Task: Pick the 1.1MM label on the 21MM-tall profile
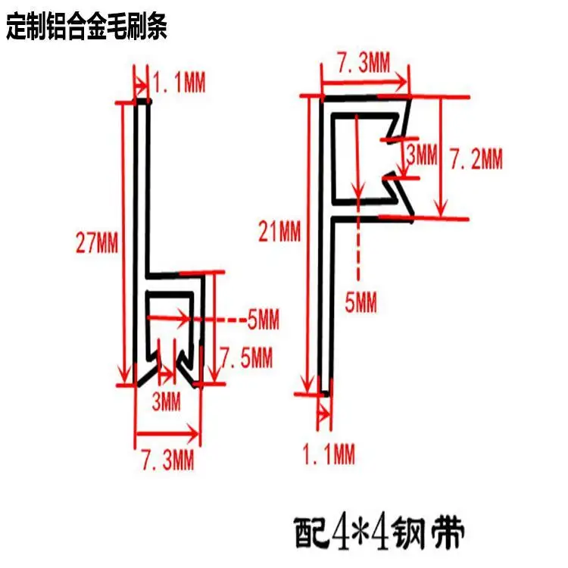pyautogui.click(x=328, y=455)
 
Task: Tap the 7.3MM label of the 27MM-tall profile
pyautogui.click(x=167, y=459)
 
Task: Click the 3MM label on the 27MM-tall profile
pyautogui.click(x=165, y=402)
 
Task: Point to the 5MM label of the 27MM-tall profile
pyautogui.click(x=264, y=320)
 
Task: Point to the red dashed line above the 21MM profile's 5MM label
pyautogui.click(x=360, y=250)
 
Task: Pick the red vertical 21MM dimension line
pyautogui.click(x=307, y=242)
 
